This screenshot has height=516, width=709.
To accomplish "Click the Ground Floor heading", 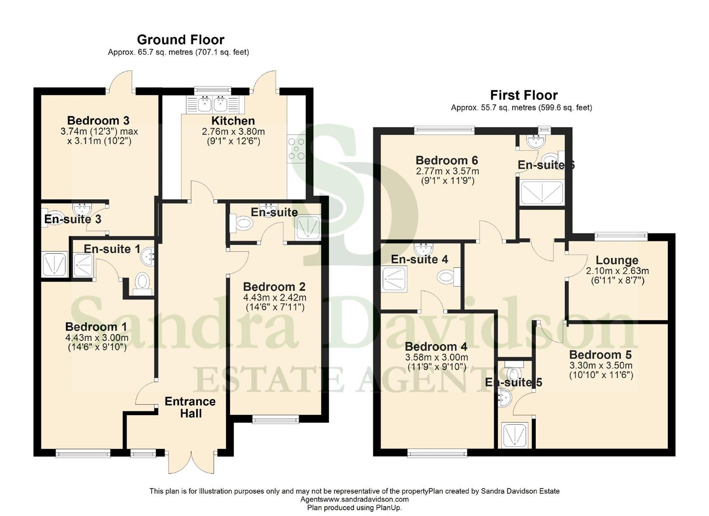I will point(180,40).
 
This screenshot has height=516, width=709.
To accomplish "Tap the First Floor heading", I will point(524,95).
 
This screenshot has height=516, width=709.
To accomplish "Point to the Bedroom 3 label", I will point(98,120).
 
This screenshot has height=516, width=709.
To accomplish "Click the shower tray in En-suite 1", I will point(83,265).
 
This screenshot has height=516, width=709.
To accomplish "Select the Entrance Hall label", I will point(190,408).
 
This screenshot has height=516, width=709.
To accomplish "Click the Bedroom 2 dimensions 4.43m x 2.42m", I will point(275,297).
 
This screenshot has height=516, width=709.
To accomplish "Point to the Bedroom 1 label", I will point(96,327).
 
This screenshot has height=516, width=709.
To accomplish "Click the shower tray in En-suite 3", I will point(54,264).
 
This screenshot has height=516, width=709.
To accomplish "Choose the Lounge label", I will point(617,260).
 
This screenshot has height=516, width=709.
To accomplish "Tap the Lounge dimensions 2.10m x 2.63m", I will point(617,271).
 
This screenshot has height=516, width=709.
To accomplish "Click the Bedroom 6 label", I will point(446,161).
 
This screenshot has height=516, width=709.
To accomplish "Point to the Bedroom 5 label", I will point(600,355).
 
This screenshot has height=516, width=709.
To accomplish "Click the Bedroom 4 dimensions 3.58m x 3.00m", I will point(436,357).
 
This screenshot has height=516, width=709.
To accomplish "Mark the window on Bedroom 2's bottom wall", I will point(275,419).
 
